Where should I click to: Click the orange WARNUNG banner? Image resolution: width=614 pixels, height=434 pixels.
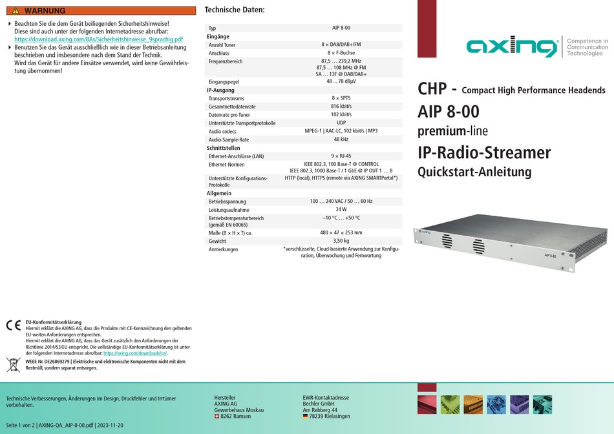pyautogui.click(x=101, y=10)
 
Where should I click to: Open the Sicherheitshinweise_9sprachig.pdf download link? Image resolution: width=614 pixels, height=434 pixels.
pyautogui.click(x=99, y=39)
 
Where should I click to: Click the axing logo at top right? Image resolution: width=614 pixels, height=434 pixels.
pyautogui.click(x=512, y=47)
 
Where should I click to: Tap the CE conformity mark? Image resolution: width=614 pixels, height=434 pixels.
pyautogui.click(x=14, y=325)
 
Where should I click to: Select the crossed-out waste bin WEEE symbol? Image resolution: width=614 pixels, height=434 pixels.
pyautogui.click(x=14, y=365)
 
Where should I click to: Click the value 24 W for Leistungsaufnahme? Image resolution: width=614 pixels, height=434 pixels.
pyautogui.click(x=341, y=209)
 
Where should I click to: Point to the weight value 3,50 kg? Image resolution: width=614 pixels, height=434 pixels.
pyautogui.click(x=341, y=241)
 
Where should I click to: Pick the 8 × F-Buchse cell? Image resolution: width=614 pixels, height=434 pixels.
pyautogui.click(x=341, y=53)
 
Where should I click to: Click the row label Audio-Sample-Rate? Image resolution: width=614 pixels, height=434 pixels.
pyautogui.click(x=229, y=139)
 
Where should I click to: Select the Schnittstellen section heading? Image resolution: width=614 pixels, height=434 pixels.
pyautogui.click(x=223, y=148)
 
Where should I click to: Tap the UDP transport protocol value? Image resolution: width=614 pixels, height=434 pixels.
pyautogui.click(x=341, y=123)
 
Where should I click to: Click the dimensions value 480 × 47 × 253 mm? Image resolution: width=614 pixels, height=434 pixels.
pyautogui.click(x=341, y=232)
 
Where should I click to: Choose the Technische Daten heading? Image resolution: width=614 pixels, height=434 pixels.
pyautogui.click(x=235, y=10)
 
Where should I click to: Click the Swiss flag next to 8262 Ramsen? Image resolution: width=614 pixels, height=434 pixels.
pyautogui.click(x=217, y=417)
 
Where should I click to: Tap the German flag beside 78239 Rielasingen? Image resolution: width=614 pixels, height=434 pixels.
pyautogui.click(x=305, y=417)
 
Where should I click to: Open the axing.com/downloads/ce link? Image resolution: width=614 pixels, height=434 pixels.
pyautogui.click(x=136, y=353)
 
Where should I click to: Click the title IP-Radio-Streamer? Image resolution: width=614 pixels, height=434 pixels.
pyautogui.click(x=484, y=152)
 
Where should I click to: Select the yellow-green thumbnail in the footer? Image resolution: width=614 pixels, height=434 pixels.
pyautogui.click(x=450, y=405)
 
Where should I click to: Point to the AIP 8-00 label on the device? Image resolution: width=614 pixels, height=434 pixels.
pyautogui.click(x=550, y=256)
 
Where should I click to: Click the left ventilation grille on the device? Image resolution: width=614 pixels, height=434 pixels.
pyautogui.click(x=447, y=241)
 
